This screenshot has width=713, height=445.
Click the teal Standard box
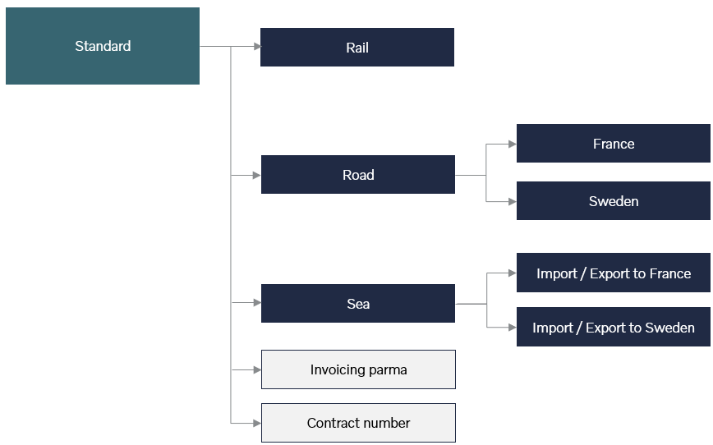103,46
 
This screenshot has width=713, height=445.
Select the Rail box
357,48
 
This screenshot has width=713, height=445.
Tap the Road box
358,175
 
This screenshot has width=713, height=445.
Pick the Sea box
358,304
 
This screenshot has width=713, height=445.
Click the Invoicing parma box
358,369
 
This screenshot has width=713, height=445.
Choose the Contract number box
358,423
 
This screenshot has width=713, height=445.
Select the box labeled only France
614,143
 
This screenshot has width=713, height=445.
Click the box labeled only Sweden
614,201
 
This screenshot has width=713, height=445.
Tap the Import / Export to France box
614,273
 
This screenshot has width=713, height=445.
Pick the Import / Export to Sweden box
614,327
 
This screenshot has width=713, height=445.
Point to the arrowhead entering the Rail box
257,46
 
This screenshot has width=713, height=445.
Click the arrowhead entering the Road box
257,175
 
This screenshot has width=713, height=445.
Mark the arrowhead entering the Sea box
257,302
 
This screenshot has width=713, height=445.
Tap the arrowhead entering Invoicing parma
257,370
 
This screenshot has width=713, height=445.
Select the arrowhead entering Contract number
257,423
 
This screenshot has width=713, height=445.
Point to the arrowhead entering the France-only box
513,144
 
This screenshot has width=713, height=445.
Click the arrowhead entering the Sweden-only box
513,201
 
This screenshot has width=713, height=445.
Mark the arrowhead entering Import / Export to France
513,273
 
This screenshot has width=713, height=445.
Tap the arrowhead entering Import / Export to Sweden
513,328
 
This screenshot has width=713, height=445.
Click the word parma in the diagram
388,370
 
